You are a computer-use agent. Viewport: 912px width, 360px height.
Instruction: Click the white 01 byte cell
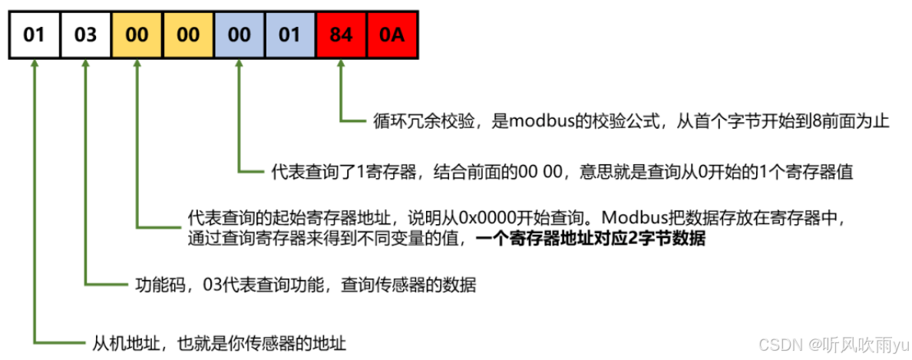(34, 35)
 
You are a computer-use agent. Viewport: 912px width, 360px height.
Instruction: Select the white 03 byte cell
(85, 35)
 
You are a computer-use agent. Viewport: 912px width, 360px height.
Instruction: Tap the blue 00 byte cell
(239, 35)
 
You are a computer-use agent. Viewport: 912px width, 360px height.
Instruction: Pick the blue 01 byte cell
(290, 35)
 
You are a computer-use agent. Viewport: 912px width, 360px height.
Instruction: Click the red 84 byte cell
(341, 35)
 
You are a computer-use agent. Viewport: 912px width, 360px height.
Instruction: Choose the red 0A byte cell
(392, 35)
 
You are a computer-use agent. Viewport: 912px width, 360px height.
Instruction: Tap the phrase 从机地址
(115, 341)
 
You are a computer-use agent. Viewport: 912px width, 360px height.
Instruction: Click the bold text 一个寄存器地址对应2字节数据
(590, 239)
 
